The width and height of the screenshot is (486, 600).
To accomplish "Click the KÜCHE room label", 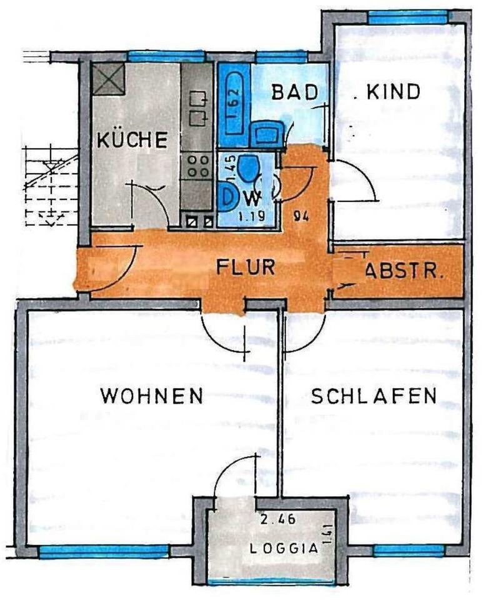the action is (x=132, y=139).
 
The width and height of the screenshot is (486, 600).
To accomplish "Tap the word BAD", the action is (x=291, y=92).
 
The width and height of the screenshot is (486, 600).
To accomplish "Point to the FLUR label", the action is (x=246, y=267).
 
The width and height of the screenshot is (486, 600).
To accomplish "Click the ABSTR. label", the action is (x=404, y=272).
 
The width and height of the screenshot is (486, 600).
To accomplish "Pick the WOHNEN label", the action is (x=152, y=396).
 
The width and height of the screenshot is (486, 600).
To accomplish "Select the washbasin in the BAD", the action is (x=265, y=133).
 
